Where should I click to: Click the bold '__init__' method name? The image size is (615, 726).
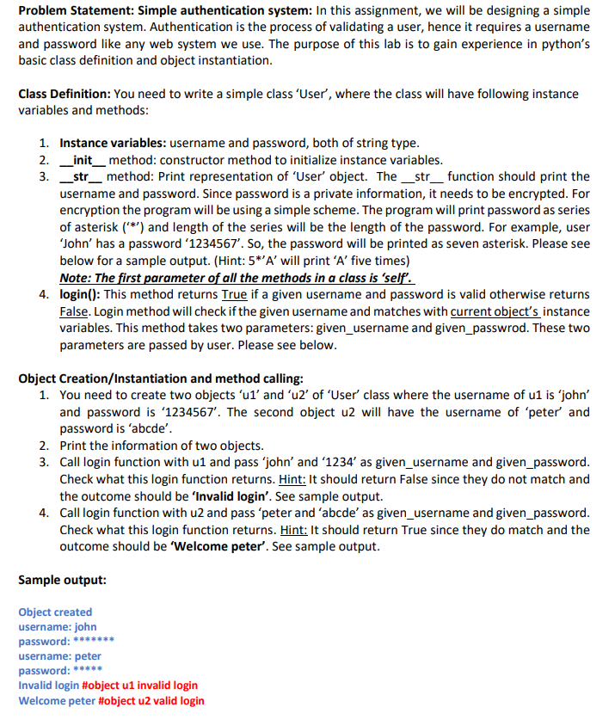tap(83, 160)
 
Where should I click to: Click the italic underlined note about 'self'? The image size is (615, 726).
tap(237, 278)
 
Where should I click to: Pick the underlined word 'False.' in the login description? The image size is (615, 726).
tap(75, 311)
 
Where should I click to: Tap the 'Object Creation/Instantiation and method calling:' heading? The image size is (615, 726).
tap(160, 378)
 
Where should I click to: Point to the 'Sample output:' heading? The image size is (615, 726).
tap(63, 580)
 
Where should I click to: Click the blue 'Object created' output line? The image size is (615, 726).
tap(55, 612)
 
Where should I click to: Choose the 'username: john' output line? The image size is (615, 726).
tap(58, 627)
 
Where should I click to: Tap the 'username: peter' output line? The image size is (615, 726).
tap(60, 656)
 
